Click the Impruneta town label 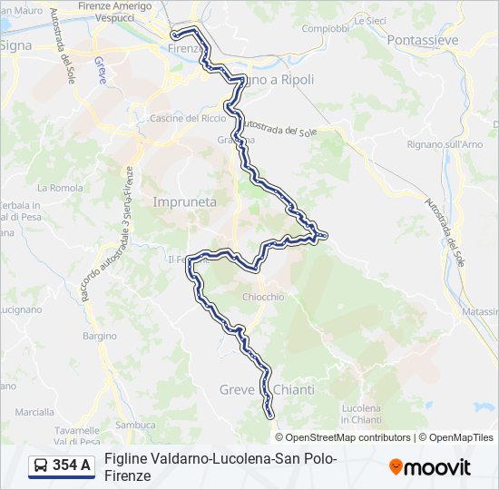pos(185,202)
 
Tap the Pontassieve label pos(422,40)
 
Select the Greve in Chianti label pos(267,389)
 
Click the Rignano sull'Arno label pos(445,144)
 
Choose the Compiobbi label pos(325,28)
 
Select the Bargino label pos(100,336)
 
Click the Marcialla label pos(34,411)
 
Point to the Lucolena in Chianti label pos(361,414)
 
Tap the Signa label pos(15,44)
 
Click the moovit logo pos(430,467)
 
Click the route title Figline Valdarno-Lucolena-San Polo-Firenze pos(220,466)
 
